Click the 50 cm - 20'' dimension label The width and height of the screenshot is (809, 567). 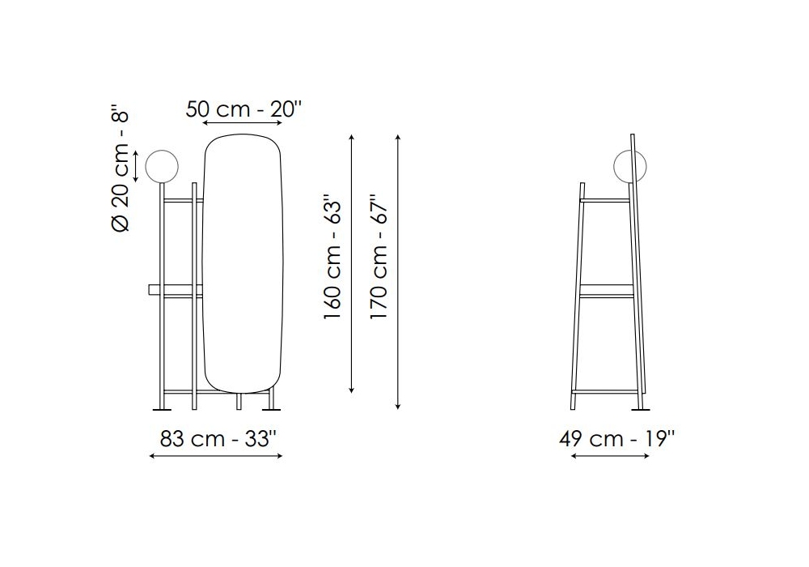click(x=244, y=109)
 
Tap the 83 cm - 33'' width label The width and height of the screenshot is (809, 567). click(x=218, y=439)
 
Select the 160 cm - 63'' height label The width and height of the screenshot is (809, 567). click(x=332, y=257)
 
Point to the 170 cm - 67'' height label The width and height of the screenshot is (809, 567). click(x=378, y=257)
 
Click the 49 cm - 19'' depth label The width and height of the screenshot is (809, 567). click(x=617, y=439)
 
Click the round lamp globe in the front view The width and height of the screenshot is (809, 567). click(x=162, y=166)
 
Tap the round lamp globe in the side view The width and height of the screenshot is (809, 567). click(x=629, y=166)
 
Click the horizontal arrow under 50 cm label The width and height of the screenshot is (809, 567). click(x=243, y=123)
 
